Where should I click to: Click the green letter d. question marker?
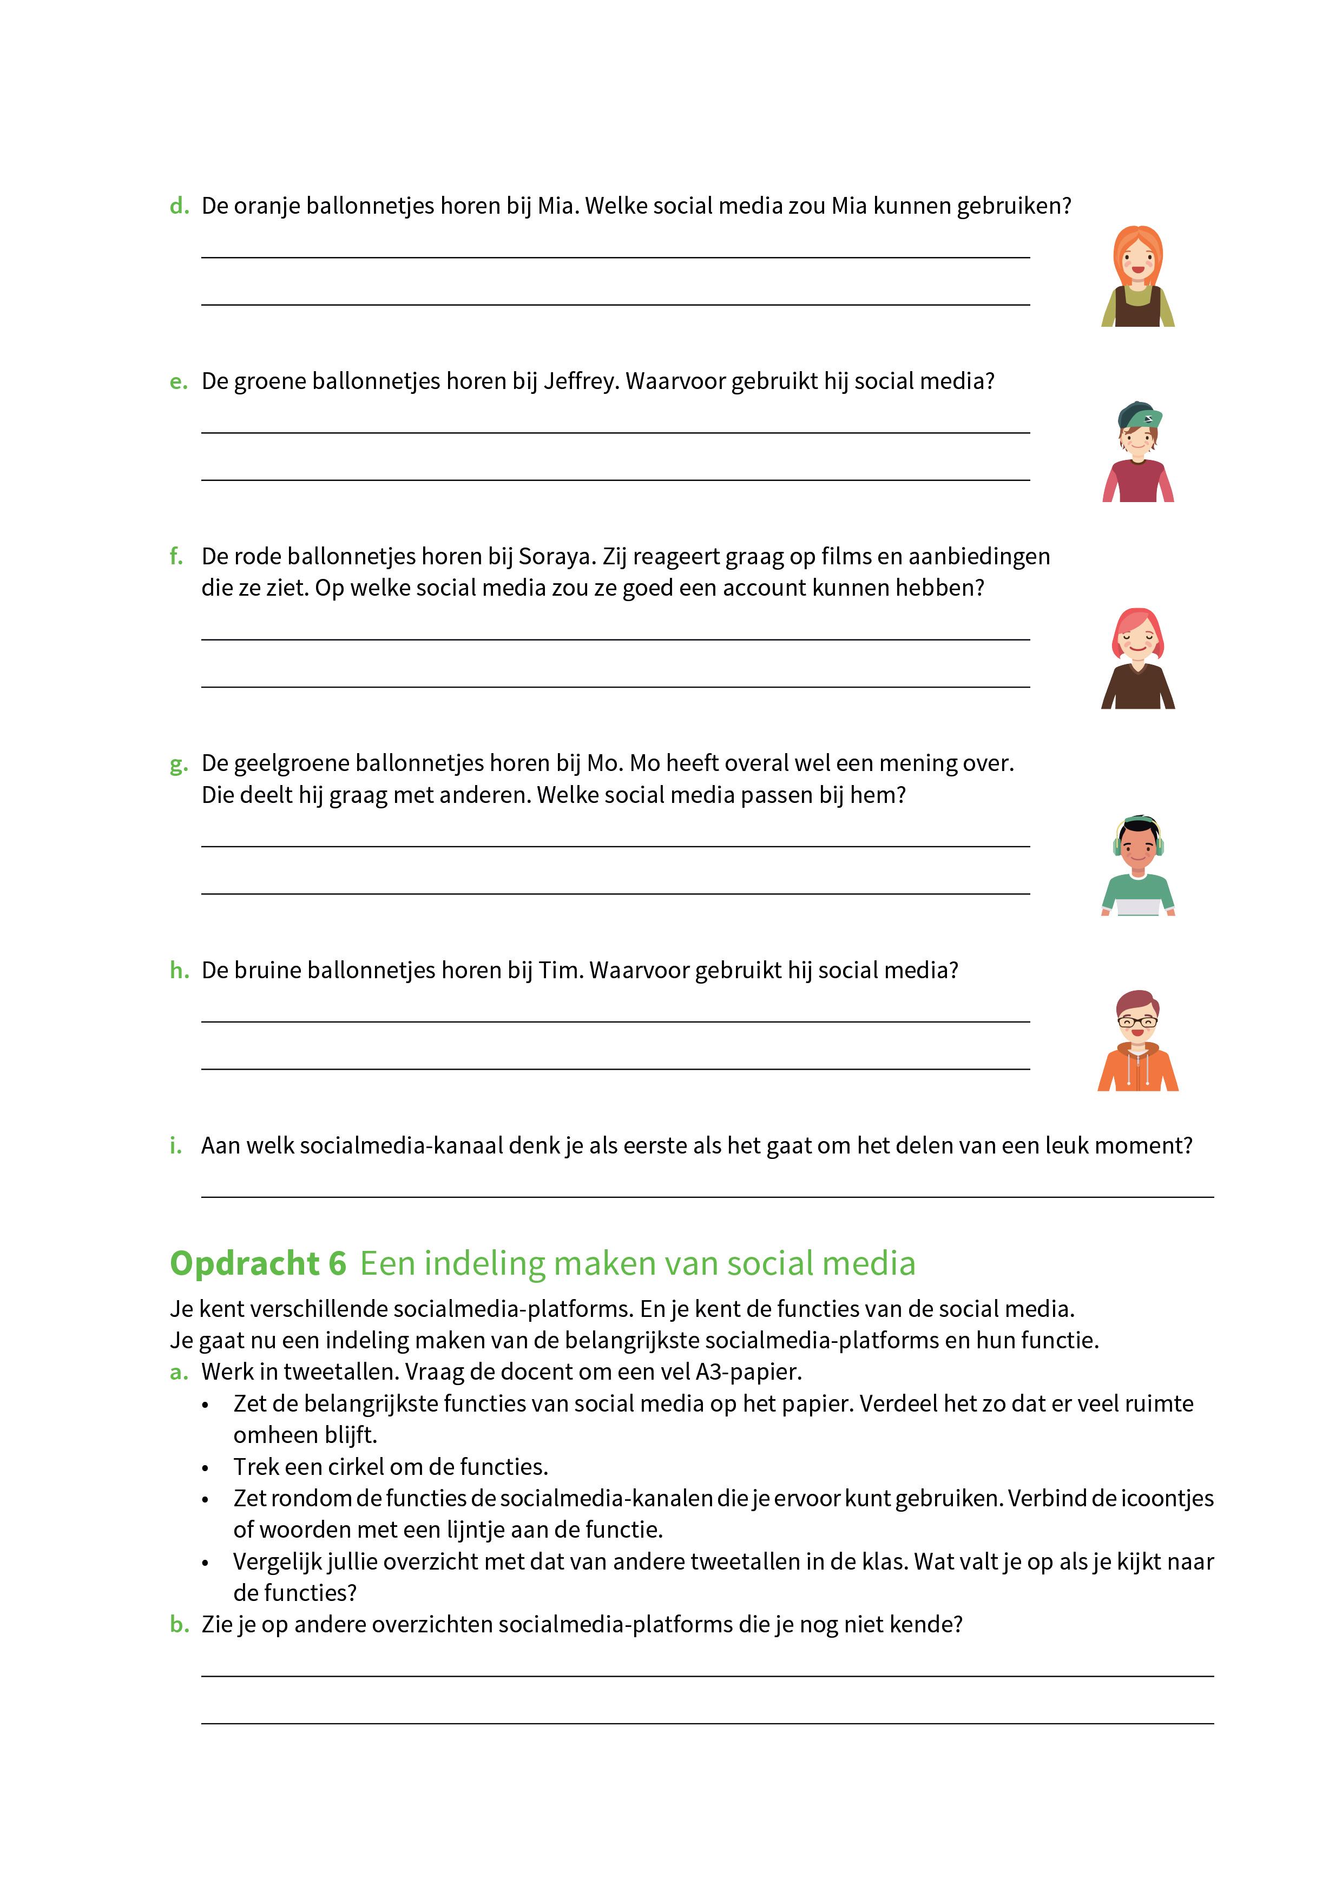[179, 206]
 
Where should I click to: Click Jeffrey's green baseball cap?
[1139, 414]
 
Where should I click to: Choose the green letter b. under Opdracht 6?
[179, 1624]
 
